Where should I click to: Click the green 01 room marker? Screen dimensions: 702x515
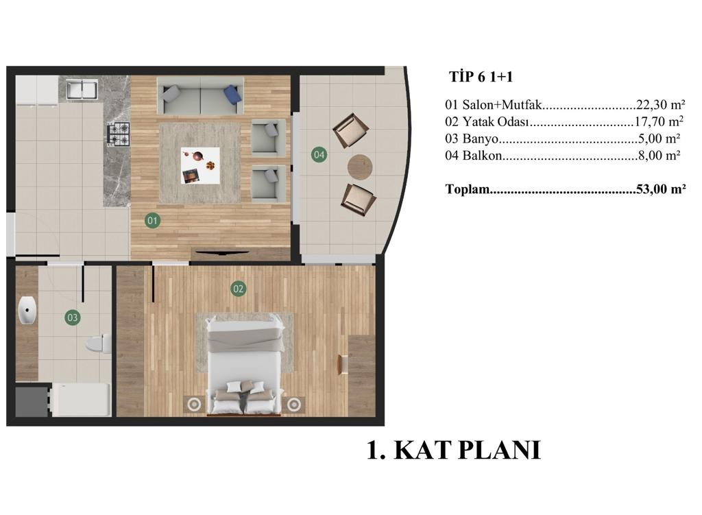pos(153,220)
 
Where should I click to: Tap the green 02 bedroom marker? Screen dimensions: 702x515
pos(238,289)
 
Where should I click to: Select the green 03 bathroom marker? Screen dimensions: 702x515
pos(72,318)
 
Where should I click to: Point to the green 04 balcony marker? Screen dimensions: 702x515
pos(319,155)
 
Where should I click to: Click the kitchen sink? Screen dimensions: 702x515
pos(82,89)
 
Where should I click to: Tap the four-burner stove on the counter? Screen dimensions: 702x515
pos(118,134)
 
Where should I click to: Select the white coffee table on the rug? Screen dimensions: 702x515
pos(200,166)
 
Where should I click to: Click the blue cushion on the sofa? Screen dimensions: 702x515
pos(233,93)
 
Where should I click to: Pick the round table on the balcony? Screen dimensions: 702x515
pos(360,167)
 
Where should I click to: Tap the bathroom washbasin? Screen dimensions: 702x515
pos(27,309)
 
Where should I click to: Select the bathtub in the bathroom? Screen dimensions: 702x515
pos(81,400)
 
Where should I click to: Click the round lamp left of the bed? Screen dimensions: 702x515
pos(194,405)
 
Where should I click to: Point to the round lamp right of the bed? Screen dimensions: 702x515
pos(293,405)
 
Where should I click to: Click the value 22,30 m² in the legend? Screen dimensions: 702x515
pos(660,104)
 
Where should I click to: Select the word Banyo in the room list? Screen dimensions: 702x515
pos(481,139)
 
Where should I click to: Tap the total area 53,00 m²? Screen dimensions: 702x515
pos(661,189)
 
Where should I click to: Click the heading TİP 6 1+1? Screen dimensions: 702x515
pos(481,77)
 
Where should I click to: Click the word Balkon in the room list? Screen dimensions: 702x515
pos(482,156)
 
